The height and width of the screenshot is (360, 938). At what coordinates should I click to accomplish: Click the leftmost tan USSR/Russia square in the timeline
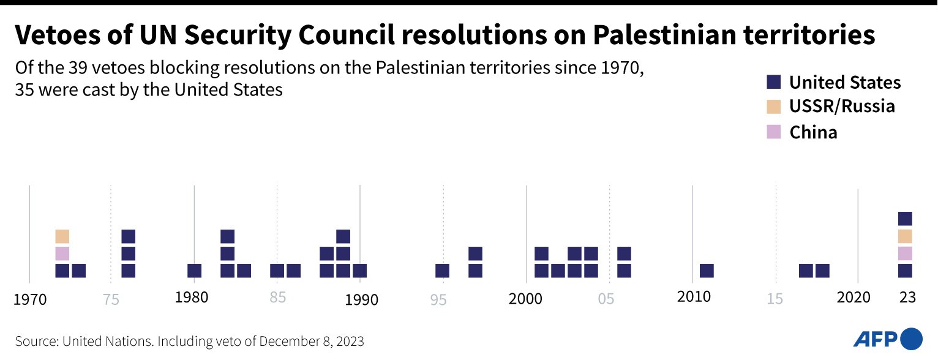[62, 236]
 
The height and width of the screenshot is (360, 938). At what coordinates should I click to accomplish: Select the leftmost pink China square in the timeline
[62, 253]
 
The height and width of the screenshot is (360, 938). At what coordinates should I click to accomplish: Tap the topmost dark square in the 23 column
[905, 219]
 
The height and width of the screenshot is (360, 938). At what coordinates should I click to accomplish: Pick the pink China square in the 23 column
[905, 253]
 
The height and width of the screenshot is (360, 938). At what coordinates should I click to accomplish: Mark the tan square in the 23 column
[905, 236]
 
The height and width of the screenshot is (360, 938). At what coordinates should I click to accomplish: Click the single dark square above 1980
[195, 271]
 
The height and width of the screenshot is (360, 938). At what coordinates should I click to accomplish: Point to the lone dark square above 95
[443, 271]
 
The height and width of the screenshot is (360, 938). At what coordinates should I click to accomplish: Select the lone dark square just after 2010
[707, 271]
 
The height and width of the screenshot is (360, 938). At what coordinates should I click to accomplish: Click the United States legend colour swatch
[774, 82]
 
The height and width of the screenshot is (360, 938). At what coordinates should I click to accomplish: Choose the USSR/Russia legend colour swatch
[774, 107]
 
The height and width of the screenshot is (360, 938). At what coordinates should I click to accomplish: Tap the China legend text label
[813, 132]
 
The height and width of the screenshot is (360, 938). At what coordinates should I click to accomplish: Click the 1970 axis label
[29, 299]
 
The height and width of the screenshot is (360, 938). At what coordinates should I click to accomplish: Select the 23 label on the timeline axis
[907, 298]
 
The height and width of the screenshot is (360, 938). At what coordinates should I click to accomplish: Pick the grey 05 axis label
[606, 299]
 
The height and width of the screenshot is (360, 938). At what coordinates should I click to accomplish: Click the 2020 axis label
[854, 298]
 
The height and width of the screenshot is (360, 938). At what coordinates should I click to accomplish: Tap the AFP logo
[887, 339]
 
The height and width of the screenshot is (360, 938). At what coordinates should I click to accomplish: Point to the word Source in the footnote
[36, 341]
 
